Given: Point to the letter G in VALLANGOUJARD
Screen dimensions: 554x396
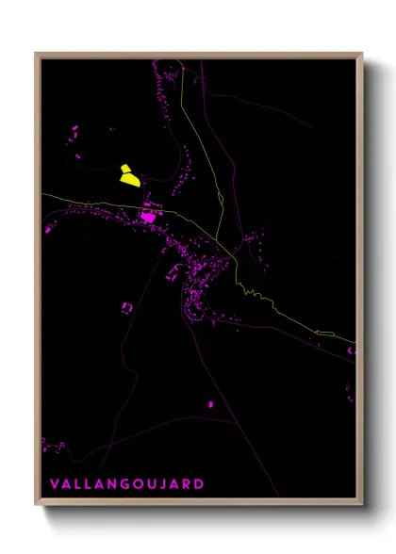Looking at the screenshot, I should (x=122, y=484).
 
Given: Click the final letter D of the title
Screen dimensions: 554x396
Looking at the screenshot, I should (x=199, y=484).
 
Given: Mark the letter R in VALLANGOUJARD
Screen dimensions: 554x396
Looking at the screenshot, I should (x=186, y=484).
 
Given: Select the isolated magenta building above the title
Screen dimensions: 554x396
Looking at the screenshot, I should (x=210, y=404).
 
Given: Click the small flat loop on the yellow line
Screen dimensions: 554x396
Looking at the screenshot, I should (x=325, y=332).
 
